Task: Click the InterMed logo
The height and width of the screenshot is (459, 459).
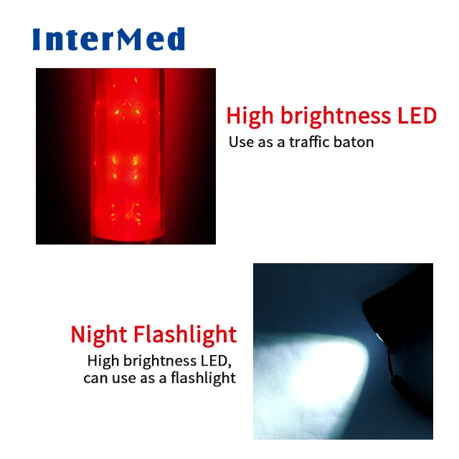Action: [108, 39]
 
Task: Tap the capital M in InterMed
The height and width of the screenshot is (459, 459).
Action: [135, 39]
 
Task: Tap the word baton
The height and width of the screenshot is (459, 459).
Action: [356, 141]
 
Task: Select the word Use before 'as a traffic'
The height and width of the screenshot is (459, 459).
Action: [242, 141]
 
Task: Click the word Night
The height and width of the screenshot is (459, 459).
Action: [100, 334]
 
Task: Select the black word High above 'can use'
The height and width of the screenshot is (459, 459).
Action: [102, 360]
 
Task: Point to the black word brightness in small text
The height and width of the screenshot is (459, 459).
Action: [155, 360]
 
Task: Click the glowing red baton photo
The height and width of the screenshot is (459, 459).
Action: [126, 156]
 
